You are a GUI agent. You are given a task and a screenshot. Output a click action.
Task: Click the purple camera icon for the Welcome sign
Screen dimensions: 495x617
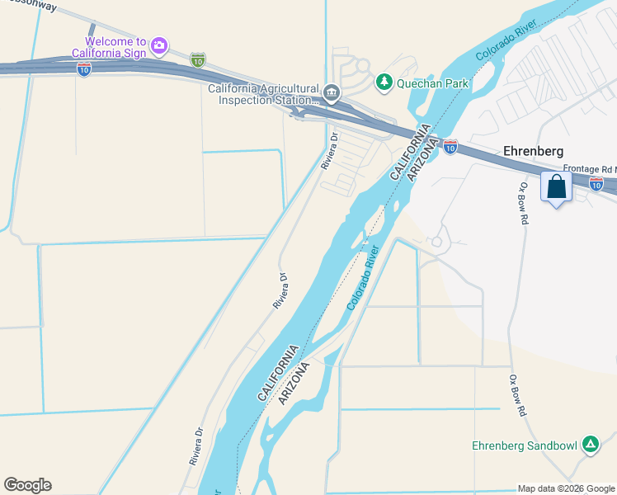(160, 43)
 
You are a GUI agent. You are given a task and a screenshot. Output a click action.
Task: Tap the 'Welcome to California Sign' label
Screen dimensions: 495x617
(115, 48)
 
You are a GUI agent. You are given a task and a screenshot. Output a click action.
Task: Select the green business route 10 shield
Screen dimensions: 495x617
(197, 60)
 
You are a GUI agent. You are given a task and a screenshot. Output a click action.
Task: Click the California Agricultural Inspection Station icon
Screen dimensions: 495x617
(332, 92)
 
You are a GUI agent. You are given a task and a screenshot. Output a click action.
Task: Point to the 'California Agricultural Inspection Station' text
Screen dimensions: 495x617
(262, 95)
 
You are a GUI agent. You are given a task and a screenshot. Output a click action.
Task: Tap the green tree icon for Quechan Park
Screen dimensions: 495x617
(384, 82)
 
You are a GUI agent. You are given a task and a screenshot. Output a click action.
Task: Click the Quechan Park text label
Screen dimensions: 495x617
(433, 82)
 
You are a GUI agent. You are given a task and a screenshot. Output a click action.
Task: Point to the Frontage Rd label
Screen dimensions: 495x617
(591, 168)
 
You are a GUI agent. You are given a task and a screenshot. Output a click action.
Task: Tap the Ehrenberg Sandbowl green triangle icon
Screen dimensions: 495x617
(591, 445)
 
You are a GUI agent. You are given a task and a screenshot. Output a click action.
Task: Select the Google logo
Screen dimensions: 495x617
(27, 485)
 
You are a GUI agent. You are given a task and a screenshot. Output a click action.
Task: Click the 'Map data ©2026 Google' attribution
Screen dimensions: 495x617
(567, 488)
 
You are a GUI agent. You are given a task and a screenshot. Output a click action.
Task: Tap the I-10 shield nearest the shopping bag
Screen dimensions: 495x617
(596, 184)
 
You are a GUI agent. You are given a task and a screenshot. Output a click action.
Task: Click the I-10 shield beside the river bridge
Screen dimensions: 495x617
(450, 146)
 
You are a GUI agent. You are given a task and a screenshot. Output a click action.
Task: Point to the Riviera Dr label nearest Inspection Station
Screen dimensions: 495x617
(329, 151)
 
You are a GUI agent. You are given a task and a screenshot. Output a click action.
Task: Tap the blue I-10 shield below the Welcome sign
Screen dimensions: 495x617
(84, 70)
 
